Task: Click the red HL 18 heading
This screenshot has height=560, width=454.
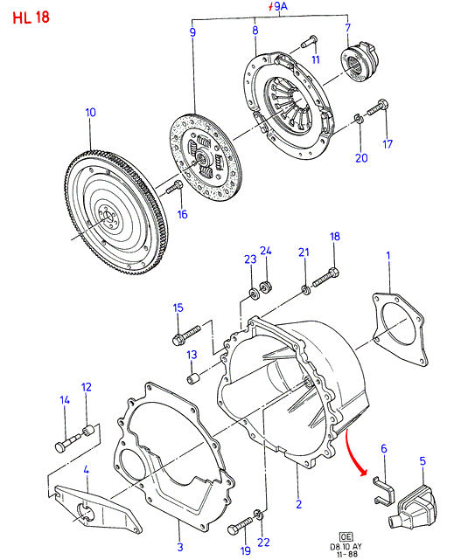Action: coord(31,17)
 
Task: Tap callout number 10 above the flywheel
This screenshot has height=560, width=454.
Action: coord(90,113)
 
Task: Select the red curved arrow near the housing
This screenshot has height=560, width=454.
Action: coord(355,453)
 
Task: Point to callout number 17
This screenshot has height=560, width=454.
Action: coord(388,144)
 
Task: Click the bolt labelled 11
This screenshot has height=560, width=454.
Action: coord(309,41)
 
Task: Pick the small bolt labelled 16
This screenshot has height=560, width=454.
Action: coord(174,188)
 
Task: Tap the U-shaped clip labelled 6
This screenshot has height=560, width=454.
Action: coord(383,491)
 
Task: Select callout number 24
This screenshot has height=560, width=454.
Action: coord(266,251)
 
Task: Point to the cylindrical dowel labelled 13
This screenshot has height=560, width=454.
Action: coord(193,378)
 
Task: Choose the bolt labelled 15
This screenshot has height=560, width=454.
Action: coord(186,335)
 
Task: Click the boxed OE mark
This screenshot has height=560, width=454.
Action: coord(346,536)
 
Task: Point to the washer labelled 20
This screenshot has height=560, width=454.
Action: coord(359,119)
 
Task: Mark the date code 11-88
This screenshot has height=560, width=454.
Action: coord(346,555)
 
